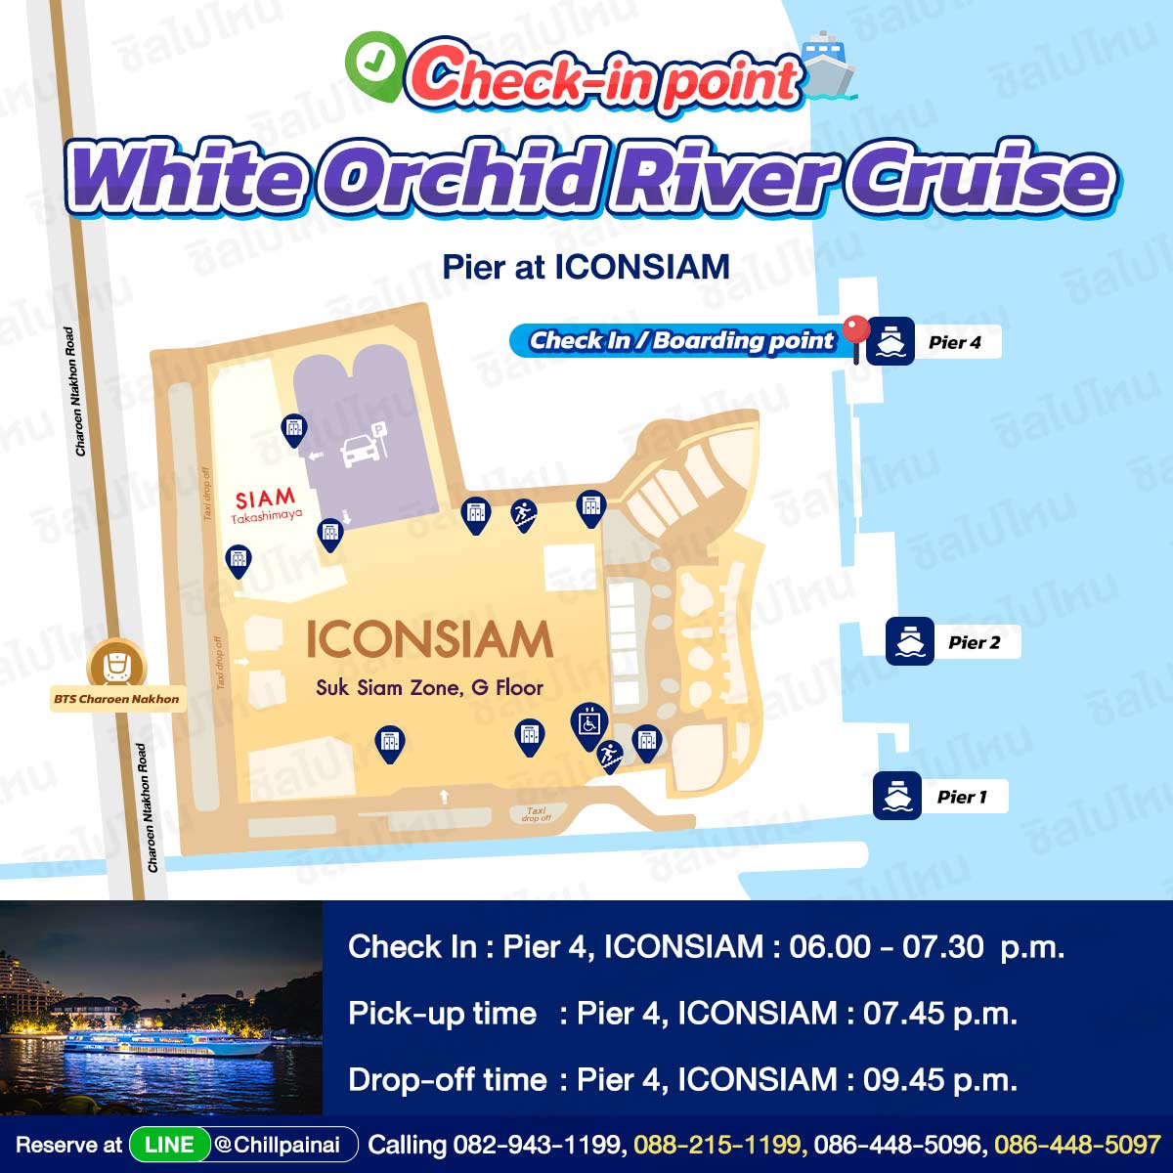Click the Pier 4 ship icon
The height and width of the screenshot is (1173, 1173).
pos(890,341)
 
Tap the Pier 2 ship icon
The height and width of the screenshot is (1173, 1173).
pos(909,641)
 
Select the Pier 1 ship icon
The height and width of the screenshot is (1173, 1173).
pos(896,796)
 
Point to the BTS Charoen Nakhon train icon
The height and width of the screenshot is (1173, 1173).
pos(115,667)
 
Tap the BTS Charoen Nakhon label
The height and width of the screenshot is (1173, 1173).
pos(116,699)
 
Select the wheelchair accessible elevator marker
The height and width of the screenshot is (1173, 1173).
pos(589,725)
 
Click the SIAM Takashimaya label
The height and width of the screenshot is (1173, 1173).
pos(266,504)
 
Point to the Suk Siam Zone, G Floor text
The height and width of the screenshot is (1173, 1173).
pos(429,688)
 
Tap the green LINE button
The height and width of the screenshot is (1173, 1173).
pos(169,1145)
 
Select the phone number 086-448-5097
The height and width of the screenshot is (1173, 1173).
pos(1077,1145)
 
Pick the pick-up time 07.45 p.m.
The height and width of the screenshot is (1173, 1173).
pos(939,1013)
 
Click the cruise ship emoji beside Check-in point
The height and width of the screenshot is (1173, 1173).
pos(829,65)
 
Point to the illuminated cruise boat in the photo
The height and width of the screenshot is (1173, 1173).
pos(167,1045)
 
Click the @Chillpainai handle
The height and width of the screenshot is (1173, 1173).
pos(277,1145)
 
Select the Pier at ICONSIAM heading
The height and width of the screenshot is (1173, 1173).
pos(586,267)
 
